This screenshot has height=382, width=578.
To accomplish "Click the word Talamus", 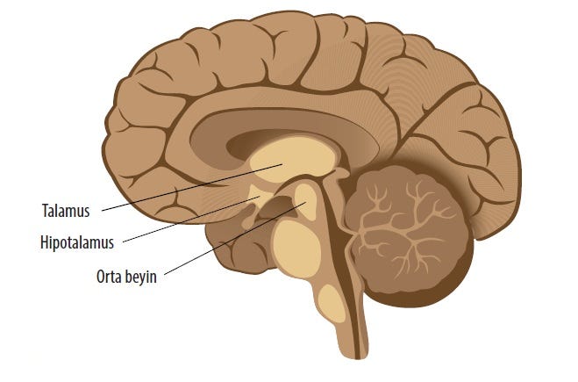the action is [65, 211].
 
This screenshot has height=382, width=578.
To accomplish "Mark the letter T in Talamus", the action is [45, 211].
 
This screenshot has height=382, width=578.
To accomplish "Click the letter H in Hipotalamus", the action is [45, 240].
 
